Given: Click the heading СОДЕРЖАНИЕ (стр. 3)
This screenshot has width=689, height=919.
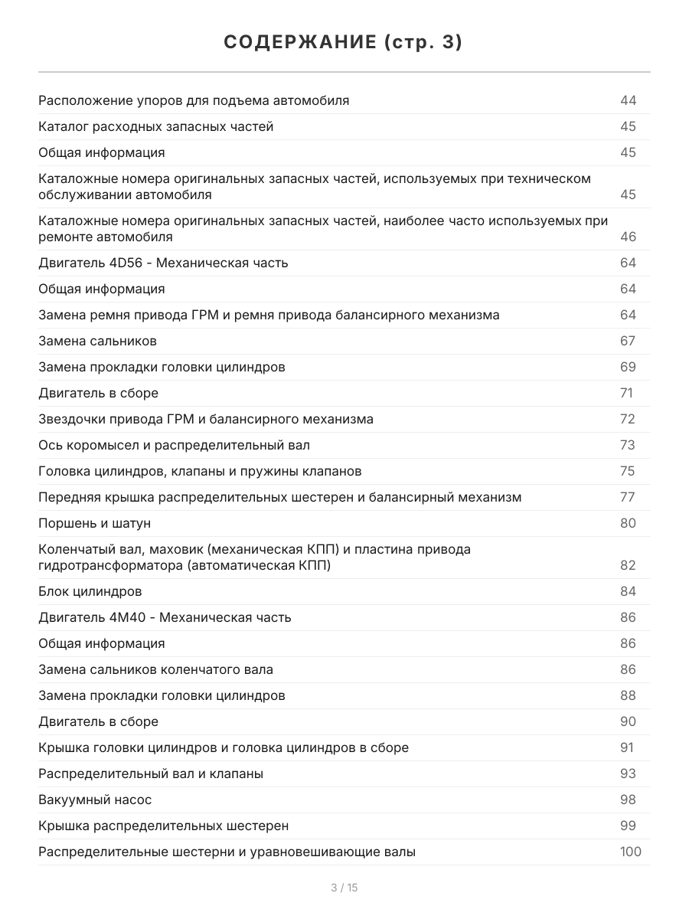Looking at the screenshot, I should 344,43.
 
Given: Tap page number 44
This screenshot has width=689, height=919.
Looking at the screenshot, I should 628,100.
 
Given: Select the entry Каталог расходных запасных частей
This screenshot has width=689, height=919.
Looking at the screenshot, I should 155,126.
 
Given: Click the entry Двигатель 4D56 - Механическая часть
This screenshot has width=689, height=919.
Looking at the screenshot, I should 163,263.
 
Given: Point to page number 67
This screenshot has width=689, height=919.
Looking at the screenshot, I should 628,341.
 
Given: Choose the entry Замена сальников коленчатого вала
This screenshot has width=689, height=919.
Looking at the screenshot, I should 155,669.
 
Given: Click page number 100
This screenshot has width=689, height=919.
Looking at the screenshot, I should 630,852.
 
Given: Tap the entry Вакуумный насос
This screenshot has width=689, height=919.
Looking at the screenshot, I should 95,800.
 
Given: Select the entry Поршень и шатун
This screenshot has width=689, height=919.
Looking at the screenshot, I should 94,523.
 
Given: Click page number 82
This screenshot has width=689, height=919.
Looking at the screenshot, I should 628,565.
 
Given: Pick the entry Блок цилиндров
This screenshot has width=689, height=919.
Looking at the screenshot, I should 90,591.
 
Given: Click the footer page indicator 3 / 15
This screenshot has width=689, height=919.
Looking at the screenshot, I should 344,888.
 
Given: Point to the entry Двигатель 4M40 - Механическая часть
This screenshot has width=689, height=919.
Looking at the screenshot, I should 165,617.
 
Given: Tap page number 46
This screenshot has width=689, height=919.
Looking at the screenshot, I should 628,237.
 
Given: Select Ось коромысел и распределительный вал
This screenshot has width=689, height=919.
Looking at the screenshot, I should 174,445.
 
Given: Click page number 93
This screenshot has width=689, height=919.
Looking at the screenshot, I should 628,773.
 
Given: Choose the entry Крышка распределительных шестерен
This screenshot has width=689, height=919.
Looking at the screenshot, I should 163,826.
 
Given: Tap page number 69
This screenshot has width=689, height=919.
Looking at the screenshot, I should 628,367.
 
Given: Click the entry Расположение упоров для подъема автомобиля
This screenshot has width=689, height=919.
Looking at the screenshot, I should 194,100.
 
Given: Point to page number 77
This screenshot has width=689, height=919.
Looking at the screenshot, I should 628,497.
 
